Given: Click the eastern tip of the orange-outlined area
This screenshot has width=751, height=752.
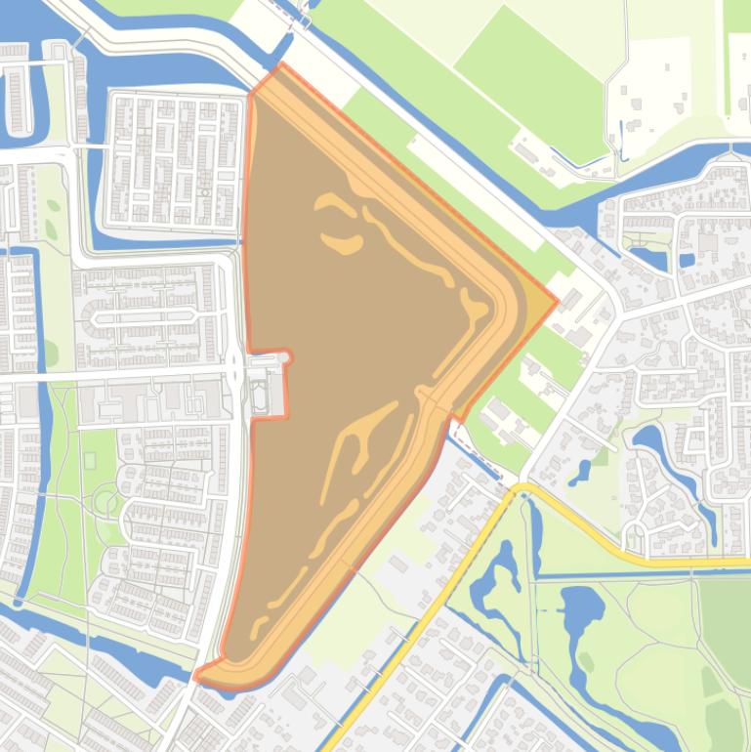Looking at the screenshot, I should coord(557,301).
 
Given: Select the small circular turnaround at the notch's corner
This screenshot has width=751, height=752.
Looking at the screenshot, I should coord(287,357).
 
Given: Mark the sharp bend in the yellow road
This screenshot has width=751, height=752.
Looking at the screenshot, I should coord(521,486).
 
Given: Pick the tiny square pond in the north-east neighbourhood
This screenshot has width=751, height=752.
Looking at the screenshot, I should coord(687,261).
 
